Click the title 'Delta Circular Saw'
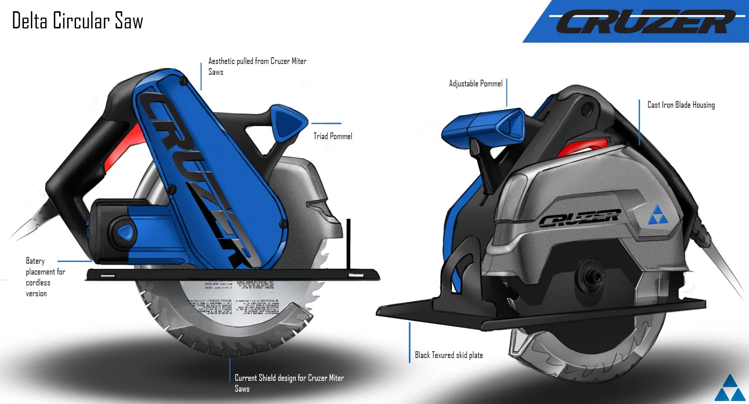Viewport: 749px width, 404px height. [x=78, y=21]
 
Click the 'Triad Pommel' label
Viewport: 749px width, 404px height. [x=333, y=136]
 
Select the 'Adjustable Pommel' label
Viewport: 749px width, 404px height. [x=476, y=83]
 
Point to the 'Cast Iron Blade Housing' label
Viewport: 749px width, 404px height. [x=681, y=105]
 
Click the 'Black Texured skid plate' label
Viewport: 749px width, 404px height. [x=449, y=355]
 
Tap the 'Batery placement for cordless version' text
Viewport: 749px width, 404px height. [x=45, y=277]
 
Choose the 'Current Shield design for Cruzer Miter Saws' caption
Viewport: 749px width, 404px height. [x=289, y=383]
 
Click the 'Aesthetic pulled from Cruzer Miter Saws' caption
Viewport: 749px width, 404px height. [x=257, y=66]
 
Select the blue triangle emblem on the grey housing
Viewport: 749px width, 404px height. [x=658, y=215]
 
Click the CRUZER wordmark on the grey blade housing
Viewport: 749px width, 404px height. [x=579, y=218]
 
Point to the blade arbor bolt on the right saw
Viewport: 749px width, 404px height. [x=592, y=277]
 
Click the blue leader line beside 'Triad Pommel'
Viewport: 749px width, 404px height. [x=326, y=123]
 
